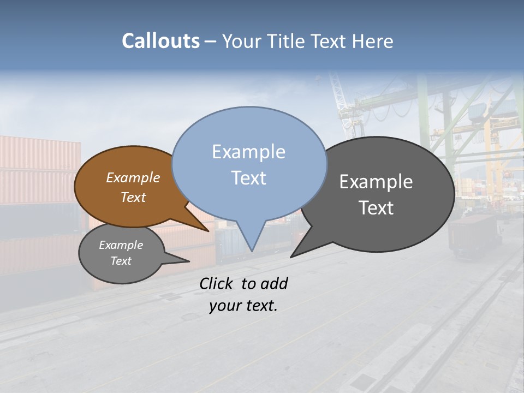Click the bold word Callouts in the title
tap(160, 41)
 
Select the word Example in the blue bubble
tap(248, 152)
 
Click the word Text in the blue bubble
tap(248, 178)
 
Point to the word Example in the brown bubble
tap(133, 178)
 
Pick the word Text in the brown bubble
tap(133, 197)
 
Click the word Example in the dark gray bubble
tap(376, 182)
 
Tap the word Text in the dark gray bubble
tap(376, 208)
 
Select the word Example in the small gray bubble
tap(121, 245)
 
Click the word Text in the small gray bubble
tap(121, 261)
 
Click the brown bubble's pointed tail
tap(206, 229)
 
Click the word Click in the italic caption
tap(216, 284)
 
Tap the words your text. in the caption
tap(243, 306)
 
